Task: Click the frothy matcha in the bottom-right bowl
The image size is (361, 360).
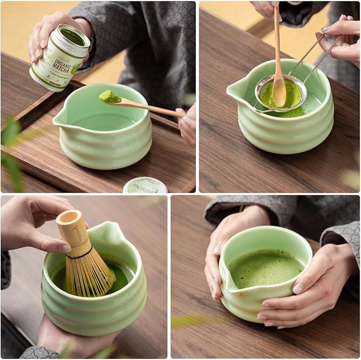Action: [264, 269]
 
